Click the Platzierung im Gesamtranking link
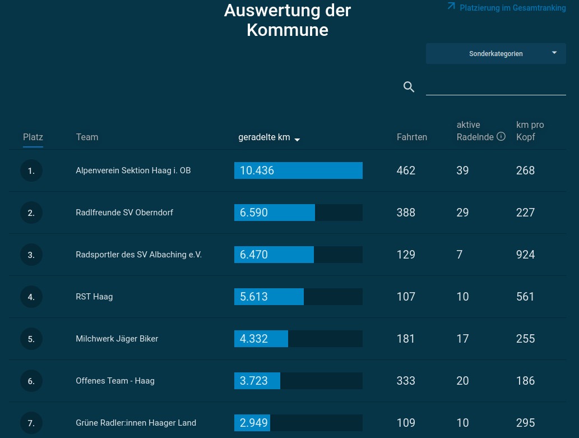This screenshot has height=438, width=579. click(x=507, y=7)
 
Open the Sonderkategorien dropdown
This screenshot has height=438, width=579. click(x=496, y=54)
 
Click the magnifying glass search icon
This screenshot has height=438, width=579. click(x=409, y=87)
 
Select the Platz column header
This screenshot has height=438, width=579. click(x=33, y=137)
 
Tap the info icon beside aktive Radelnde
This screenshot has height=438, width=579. click(x=501, y=136)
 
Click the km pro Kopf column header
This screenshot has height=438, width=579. click(x=530, y=131)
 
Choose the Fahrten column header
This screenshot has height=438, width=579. click(x=412, y=137)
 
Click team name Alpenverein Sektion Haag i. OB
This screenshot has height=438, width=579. click(x=133, y=170)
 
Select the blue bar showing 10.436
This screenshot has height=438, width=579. click(x=298, y=170)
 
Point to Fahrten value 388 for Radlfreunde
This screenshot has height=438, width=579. click(x=406, y=213)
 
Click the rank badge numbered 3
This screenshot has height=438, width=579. click(x=31, y=255)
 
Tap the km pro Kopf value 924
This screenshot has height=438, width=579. click(x=525, y=255)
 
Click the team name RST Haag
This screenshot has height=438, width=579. click(x=94, y=297)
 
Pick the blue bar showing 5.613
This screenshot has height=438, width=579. click(x=269, y=297)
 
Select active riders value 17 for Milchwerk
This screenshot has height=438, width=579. click(x=462, y=339)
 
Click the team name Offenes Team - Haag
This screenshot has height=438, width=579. click(x=115, y=381)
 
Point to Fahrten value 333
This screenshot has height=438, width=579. click(x=406, y=381)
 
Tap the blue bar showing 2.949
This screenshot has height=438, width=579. click(x=252, y=423)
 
